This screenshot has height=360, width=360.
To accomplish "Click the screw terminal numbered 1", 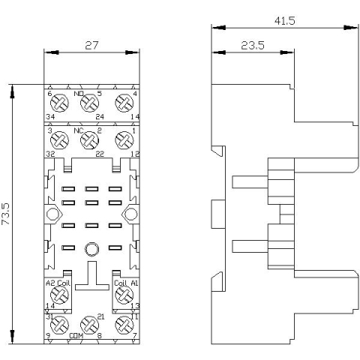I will (x=121, y=139).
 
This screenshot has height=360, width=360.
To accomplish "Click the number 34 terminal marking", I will (x=50, y=117).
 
